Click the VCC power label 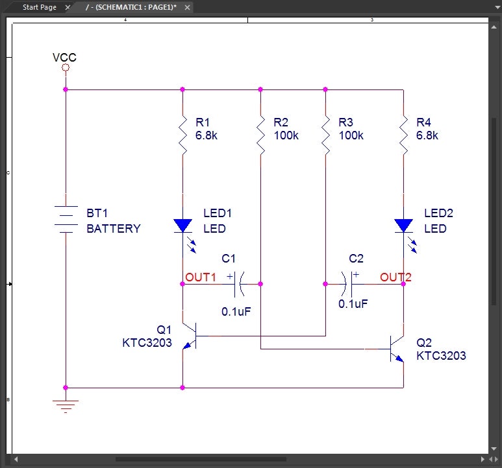[x=64, y=58]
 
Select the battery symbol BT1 [x=66, y=219]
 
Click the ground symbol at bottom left [x=66, y=406]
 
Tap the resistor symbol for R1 [x=183, y=135]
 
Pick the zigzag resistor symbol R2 [x=260, y=135]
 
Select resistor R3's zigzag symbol [x=325, y=135]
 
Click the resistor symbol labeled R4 [x=403, y=135]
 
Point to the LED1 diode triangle [x=183, y=226]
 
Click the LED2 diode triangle [x=403, y=226]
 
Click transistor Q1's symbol [x=188, y=336]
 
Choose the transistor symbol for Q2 [x=397, y=349]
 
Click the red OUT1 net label [x=201, y=277]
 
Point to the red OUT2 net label [x=395, y=277]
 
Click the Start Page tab [x=40, y=7]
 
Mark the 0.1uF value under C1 [x=236, y=311]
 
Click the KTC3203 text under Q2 [x=441, y=356]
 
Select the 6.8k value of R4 [x=427, y=135]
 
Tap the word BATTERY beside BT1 [x=113, y=229]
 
